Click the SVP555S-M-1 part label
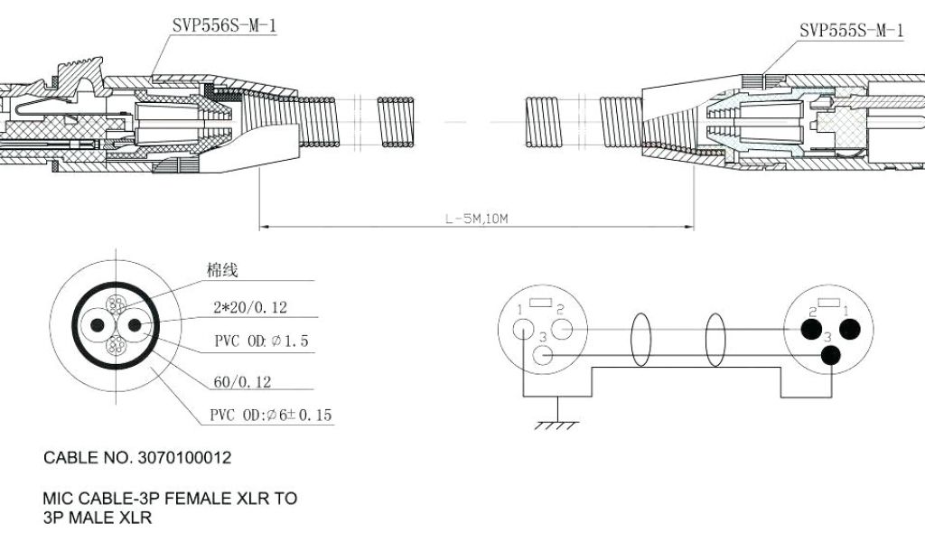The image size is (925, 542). tap(851, 31)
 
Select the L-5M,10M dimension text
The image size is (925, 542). tap(475, 218)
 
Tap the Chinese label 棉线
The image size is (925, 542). tap(222, 270)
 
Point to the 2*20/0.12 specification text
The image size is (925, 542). tap(250, 308)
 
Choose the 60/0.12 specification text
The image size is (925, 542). tap(242, 383)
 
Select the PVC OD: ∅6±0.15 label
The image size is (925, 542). tap(271, 416)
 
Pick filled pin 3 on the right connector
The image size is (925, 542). tap(830, 355)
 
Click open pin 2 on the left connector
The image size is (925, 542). tap(560, 330)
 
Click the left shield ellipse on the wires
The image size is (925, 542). tap(641, 340)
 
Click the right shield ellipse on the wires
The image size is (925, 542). tap(715, 340)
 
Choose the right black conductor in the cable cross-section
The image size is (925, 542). tap(134, 325)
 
